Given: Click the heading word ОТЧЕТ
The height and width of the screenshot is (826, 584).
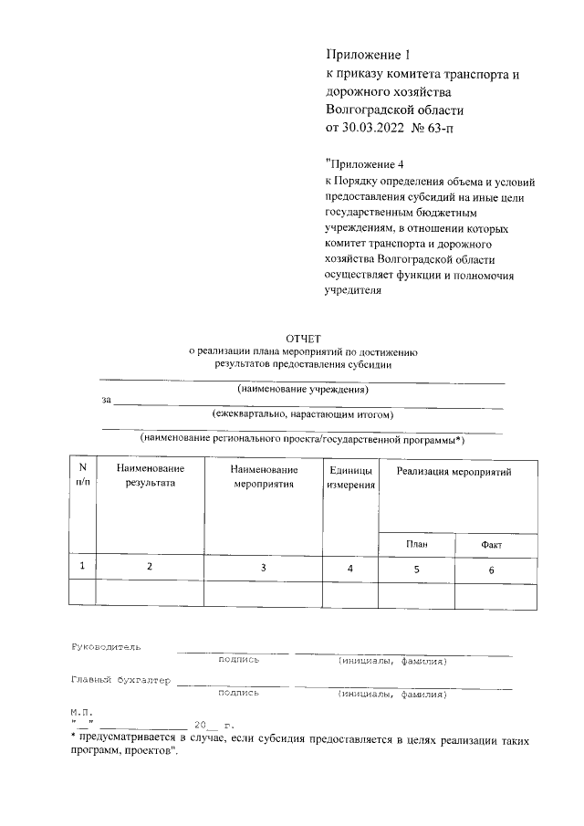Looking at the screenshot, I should (x=304, y=338).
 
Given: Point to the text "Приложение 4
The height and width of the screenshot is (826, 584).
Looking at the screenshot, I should (x=363, y=164).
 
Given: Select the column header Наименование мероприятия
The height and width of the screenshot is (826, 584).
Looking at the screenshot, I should (x=264, y=476).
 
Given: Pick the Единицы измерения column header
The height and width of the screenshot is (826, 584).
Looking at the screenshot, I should (x=350, y=477).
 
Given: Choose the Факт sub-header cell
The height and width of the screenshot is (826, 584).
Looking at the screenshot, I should (x=491, y=544).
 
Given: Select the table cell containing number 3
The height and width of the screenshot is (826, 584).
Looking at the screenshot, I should (x=264, y=567).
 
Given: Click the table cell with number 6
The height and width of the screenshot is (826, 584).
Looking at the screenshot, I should (x=491, y=570).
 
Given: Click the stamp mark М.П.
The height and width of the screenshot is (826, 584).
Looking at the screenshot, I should (x=81, y=708).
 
